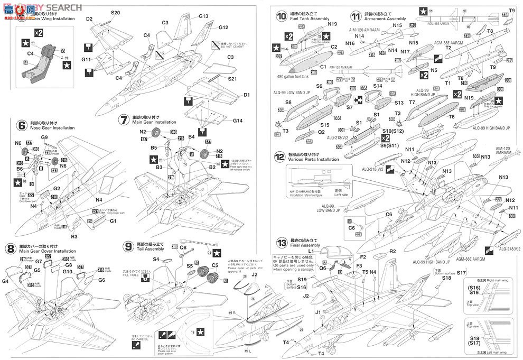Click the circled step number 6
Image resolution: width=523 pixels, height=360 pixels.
(x=22, y=126)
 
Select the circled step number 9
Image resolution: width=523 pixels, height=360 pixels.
(x=127, y=247)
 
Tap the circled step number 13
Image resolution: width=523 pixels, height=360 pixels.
(x=282, y=243)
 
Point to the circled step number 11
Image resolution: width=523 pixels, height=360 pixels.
(x=354, y=16)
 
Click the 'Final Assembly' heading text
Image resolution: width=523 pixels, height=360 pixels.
(x=305, y=245)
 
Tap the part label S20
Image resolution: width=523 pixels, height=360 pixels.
(x=116, y=12)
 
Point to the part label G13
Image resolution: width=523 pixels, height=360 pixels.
(x=204, y=16)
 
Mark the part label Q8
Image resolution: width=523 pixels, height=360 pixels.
(x=183, y=247)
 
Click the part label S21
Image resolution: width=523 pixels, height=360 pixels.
(x=231, y=79)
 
